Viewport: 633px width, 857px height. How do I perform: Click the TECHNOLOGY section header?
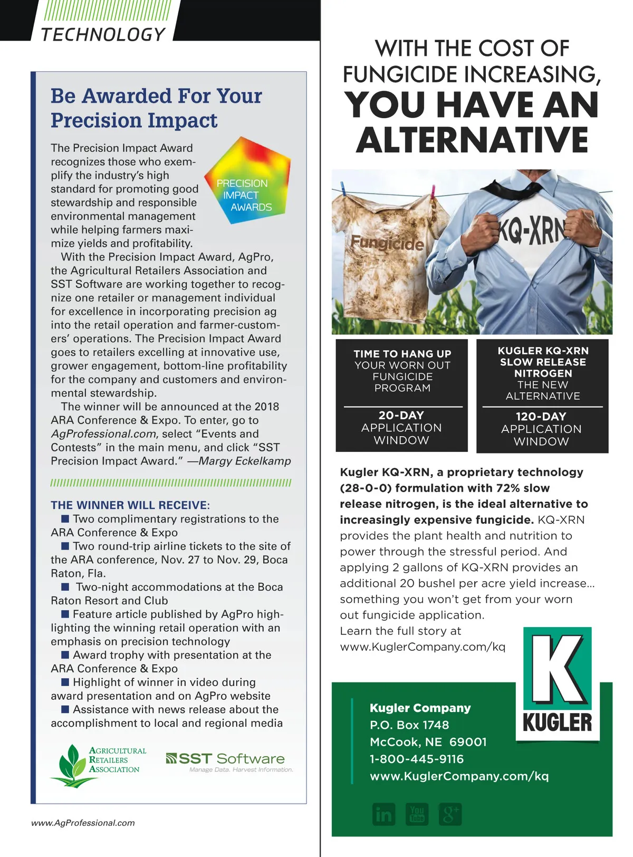coord(103,35)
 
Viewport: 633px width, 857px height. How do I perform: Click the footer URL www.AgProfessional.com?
coord(83,823)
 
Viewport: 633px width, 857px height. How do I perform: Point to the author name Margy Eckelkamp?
coord(245,461)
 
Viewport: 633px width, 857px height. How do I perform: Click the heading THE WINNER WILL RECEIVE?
coord(130,505)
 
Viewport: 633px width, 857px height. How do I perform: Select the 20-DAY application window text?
coord(401,427)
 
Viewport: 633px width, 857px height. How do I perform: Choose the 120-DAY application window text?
coord(541,429)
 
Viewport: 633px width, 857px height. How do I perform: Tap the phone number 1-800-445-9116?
coord(417,759)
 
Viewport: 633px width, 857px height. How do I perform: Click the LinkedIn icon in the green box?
coord(383,815)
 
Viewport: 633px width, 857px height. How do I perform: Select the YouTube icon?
coord(417,815)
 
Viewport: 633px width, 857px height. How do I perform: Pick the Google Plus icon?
coord(449,815)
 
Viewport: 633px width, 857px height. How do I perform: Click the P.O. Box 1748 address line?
coord(409,725)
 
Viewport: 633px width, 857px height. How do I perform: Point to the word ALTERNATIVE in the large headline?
coord(472,140)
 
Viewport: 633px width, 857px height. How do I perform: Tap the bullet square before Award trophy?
coord(65,654)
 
